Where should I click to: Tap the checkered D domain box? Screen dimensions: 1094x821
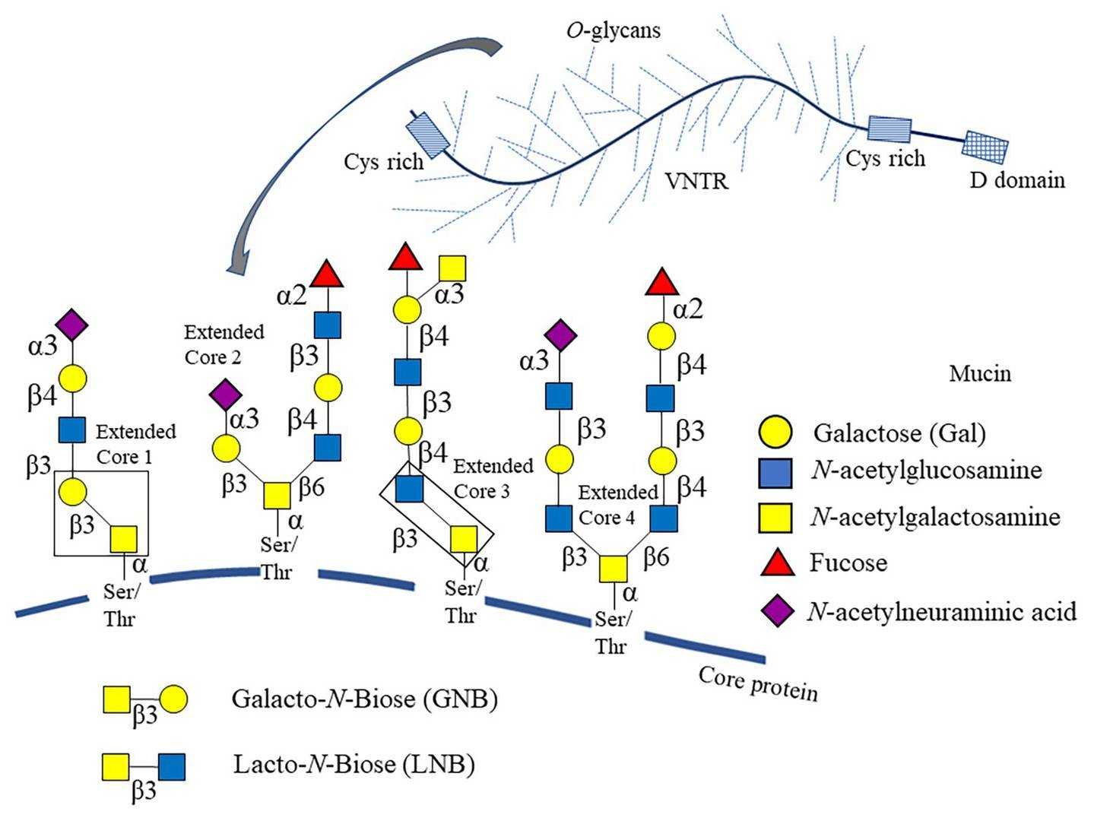(x=986, y=146)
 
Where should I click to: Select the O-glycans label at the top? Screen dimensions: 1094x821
(x=614, y=30)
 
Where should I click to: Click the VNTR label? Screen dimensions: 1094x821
(x=696, y=182)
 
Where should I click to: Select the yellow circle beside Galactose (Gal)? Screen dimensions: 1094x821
(x=776, y=433)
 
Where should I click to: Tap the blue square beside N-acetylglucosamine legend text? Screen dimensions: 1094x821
(x=776, y=471)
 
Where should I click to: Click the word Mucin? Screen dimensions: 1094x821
(x=979, y=374)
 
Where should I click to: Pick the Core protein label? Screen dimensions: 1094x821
(x=757, y=683)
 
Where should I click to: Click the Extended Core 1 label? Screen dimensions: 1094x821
(x=135, y=444)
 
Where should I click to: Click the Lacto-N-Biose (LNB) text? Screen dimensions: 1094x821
(x=354, y=763)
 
